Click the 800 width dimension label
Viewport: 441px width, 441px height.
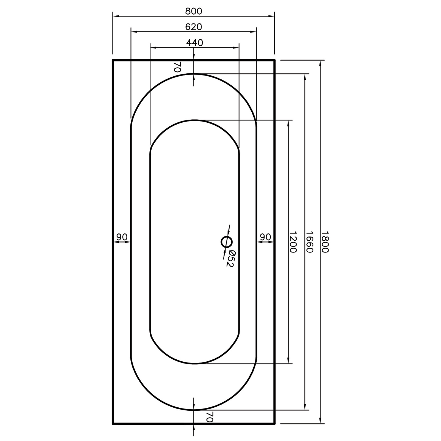coord(193,11)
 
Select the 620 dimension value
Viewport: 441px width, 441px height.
coord(193,27)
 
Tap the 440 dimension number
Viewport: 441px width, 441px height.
coord(195,43)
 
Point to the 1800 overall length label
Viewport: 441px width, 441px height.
coord(325,242)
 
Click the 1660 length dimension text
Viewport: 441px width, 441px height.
coord(310,242)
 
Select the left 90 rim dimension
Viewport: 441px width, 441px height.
coord(122,237)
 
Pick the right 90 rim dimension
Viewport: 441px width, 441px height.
coord(265,237)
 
